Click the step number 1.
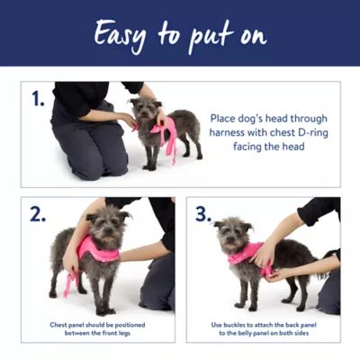pos(37,99)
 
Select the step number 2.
pos(37,214)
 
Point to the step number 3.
pos(203,214)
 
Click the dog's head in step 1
pos(144,112)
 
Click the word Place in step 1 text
pos(226,118)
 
